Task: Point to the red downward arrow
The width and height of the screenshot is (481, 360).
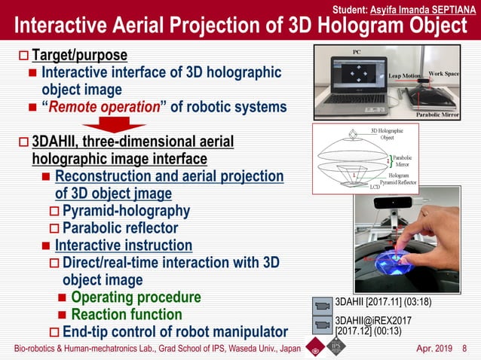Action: [x=115, y=125]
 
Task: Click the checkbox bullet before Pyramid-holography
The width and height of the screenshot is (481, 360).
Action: [x=54, y=211]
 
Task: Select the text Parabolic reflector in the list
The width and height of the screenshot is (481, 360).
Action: [x=120, y=227]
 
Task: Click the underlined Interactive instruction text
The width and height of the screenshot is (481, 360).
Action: [x=123, y=246]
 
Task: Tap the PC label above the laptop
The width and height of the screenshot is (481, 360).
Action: [x=358, y=52]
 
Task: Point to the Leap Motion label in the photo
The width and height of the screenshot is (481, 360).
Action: [x=405, y=76]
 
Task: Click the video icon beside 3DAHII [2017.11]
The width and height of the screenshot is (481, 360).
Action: [x=322, y=305]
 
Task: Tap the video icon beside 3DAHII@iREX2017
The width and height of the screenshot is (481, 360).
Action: [x=322, y=324]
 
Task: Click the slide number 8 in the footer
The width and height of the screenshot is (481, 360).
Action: [x=464, y=349]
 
